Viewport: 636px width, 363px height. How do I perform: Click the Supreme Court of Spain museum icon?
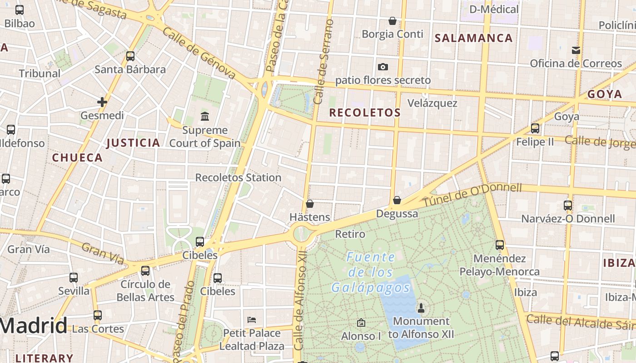coord(205,117)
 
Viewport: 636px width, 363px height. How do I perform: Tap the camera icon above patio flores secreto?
coord(383,67)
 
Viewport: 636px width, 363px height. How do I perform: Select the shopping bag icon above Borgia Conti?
coord(393,21)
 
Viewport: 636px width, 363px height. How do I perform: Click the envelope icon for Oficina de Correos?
coord(576,50)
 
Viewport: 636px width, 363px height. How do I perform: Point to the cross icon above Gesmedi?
coord(102,102)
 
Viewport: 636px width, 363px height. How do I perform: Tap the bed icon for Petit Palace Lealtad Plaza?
coord(252,319)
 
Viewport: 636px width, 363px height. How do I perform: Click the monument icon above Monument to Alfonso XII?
coord(421,308)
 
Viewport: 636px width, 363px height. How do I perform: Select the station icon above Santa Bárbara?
coord(130,56)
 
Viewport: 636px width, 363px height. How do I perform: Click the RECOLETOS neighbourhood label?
coord(365,113)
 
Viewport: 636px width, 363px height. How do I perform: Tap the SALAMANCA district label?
coord(474,38)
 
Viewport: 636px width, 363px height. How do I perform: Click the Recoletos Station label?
coord(238,177)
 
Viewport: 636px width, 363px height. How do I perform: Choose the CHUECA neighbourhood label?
coord(77,158)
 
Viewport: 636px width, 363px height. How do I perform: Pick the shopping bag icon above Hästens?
coord(310,204)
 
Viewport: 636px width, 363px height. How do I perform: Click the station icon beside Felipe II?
coord(535,128)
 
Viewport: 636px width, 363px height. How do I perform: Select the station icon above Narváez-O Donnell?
coord(568,205)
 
